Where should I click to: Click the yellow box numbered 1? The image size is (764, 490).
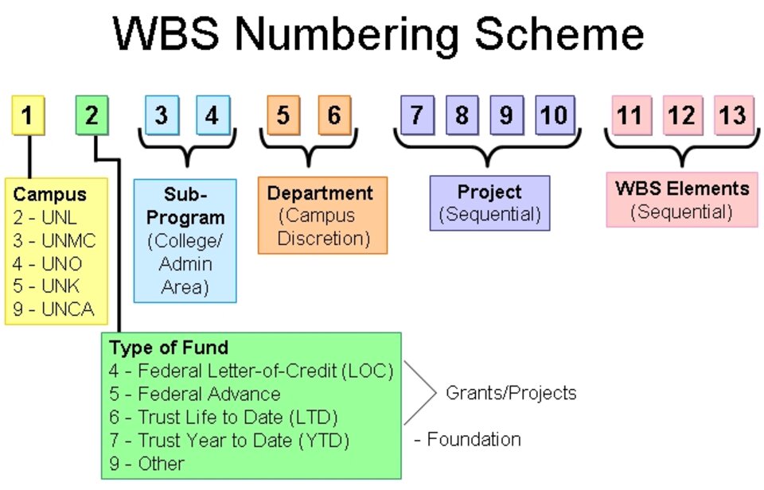click(x=28, y=115)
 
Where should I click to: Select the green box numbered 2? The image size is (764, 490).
click(x=92, y=115)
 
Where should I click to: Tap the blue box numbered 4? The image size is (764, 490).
click(x=212, y=115)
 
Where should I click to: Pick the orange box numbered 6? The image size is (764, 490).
click(x=334, y=115)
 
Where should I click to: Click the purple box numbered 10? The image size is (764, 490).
click(x=554, y=115)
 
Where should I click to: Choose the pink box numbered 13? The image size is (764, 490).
click(x=733, y=115)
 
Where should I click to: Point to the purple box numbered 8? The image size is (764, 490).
click(x=462, y=115)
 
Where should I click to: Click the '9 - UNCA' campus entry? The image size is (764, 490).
click(x=54, y=309)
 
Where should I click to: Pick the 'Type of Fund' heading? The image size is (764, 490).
click(x=169, y=348)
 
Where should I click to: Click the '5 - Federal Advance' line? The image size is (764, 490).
click(x=195, y=394)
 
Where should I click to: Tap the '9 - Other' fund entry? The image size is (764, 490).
click(x=147, y=463)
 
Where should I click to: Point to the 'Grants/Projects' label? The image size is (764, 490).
click(x=511, y=392)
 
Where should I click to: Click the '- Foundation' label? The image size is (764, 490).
click(x=468, y=439)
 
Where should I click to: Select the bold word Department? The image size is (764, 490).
click(x=320, y=193)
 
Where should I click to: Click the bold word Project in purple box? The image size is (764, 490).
click(x=489, y=192)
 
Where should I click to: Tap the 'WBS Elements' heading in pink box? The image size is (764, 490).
click(x=682, y=189)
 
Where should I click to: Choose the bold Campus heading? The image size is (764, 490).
click(x=49, y=194)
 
